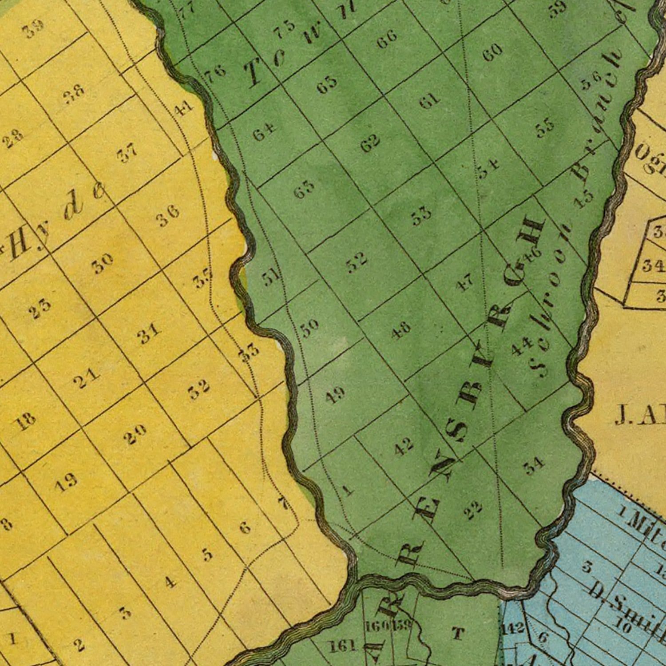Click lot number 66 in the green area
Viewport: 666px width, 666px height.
coord(387,40)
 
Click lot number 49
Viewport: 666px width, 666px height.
coord(335,395)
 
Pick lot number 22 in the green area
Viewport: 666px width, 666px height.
coord(473,510)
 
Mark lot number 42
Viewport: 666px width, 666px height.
coord(404,446)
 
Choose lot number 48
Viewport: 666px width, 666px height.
coord(401,330)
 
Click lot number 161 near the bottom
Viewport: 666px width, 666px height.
coord(343,646)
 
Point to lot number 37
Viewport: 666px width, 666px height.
coord(127,154)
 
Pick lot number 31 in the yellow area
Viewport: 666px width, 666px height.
coord(149,333)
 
